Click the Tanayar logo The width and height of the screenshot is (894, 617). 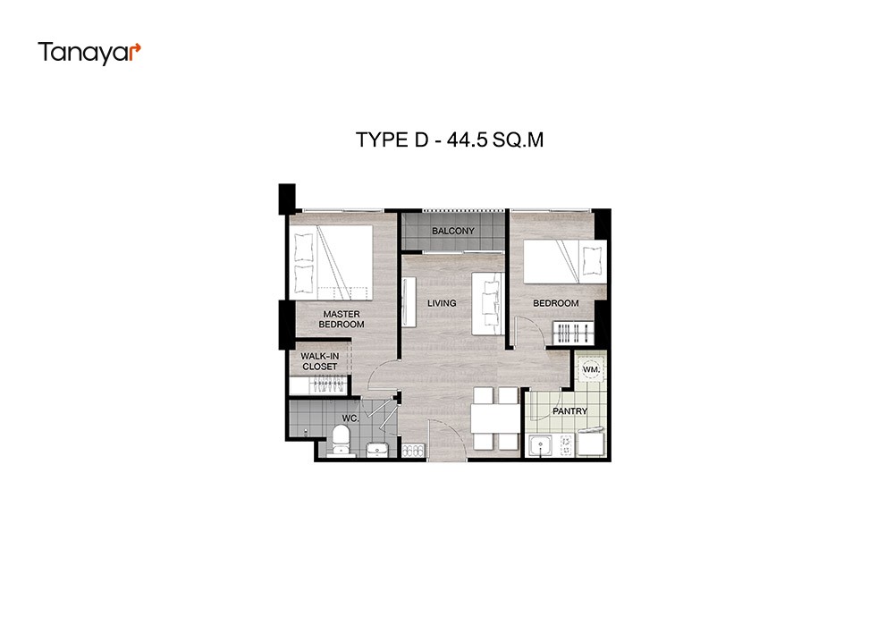click(x=89, y=53)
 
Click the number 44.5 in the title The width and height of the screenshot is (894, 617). click(x=467, y=139)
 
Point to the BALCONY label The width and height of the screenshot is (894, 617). click(x=452, y=231)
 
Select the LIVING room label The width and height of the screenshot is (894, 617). click(x=442, y=303)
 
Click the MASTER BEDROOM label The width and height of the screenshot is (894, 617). click(x=342, y=319)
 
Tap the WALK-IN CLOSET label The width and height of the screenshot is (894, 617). click(x=320, y=361)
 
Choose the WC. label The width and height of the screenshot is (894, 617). click(x=350, y=418)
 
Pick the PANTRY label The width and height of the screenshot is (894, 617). click(x=569, y=411)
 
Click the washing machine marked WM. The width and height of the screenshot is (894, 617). click(x=591, y=369)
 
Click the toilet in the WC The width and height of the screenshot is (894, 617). click(x=341, y=443)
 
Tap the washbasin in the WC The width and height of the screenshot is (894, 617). click(x=376, y=450)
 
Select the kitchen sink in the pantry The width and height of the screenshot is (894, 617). click(x=540, y=445)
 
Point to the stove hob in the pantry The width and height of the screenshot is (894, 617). click(x=566, y=444)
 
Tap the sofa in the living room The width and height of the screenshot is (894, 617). click(x=487, y=304)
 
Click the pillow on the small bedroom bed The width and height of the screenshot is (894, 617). click(x=592, y=260)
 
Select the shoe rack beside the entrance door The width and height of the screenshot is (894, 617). click(x=413, y=450)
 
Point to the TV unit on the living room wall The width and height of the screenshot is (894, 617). click(x=409, y=301)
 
